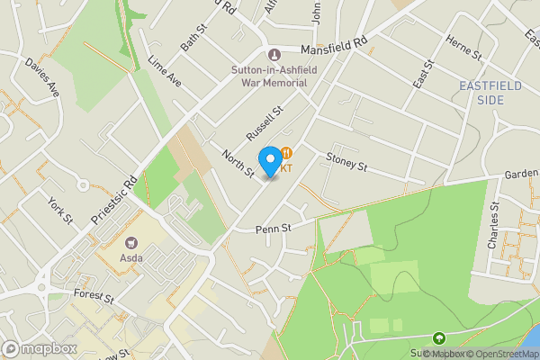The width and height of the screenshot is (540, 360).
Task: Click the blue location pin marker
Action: click(x=269, y=160)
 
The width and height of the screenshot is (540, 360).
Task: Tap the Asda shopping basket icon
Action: click(x=131, y=243)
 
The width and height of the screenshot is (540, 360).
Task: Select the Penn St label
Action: click(x=274, y=228)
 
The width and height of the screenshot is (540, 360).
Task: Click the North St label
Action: click(x=239, y=162)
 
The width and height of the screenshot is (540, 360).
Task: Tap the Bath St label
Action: click(x=193, y=38)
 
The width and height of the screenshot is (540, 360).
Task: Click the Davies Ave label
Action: click(x=41, y=77)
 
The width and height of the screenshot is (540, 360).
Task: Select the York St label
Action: click(x=59, y=211)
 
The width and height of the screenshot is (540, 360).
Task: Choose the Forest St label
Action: click(x=94, y=297)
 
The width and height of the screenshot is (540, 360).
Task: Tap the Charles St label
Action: click(x=492, y=231)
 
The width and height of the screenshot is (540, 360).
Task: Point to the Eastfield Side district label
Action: click(x=491, y=93)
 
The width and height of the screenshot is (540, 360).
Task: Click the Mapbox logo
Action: click(x=39, y=348)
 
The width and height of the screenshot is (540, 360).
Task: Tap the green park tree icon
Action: click(x=439, y=339)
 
